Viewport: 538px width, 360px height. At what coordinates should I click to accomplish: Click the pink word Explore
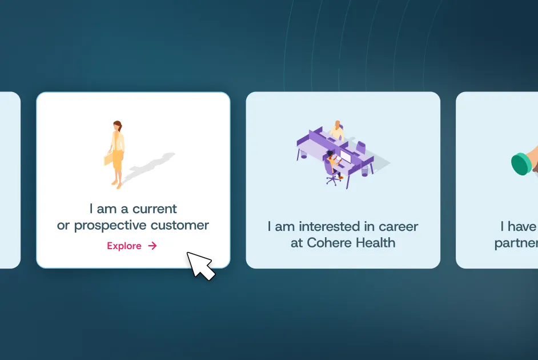[x=124, y=246]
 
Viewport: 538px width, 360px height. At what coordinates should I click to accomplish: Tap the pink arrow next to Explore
[x=152, y=246]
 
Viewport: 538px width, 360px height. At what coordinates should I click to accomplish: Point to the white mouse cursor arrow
[x=200, y=265]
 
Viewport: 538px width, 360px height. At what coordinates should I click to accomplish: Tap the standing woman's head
[x=117, y=126]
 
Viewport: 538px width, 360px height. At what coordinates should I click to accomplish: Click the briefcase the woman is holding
[x=108, y=158]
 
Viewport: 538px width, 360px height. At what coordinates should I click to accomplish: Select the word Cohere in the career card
[x=329, y=242]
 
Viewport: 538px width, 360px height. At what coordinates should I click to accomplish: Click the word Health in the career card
[x=375, y=242]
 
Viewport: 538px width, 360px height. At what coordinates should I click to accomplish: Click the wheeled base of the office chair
[x=332, y=179]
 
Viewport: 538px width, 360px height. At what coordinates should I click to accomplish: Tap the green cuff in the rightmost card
[x=521, y=163]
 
